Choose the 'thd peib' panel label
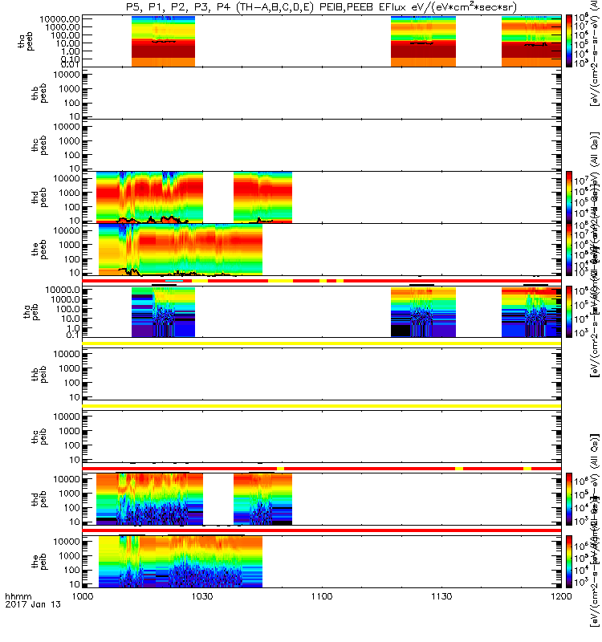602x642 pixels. pos(26,499)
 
